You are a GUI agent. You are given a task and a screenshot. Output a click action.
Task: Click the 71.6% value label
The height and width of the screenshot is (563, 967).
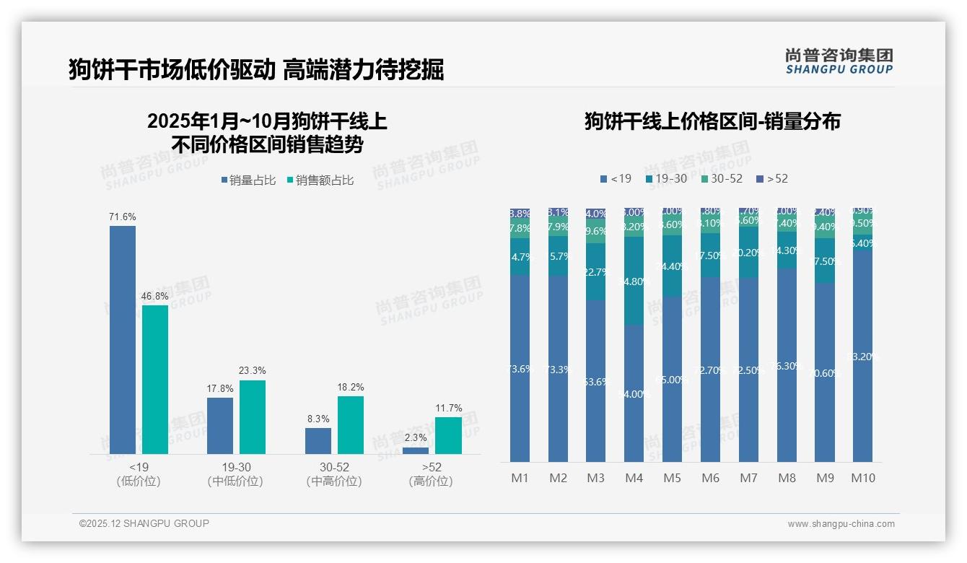(123, 217)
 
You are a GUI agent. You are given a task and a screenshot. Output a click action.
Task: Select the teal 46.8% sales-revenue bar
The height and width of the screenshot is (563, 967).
(155, 379)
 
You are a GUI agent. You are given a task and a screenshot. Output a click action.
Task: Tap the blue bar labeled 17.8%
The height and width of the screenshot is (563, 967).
(220, 425)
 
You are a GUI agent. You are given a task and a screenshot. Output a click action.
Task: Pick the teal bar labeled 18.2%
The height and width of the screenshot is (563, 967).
(351, 424)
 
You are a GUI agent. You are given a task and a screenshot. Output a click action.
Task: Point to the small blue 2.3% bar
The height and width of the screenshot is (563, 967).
(416, 450)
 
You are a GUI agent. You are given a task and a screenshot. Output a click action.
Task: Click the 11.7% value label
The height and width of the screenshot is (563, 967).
(449, 408)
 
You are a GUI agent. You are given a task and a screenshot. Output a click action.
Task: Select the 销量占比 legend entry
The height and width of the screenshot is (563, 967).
(248, 180)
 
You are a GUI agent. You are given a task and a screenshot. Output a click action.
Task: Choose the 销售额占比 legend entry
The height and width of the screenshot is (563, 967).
(320, 180)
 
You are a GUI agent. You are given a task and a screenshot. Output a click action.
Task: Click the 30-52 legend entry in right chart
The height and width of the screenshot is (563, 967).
(721, 178)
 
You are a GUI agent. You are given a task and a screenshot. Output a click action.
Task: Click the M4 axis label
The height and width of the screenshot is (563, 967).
(634, 478)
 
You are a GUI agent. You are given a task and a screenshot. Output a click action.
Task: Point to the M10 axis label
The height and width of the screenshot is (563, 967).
(862, 478)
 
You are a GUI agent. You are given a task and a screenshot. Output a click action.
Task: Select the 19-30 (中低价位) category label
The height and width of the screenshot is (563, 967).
(235, 474)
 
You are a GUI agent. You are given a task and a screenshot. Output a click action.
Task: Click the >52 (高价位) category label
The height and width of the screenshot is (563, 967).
(431, 474)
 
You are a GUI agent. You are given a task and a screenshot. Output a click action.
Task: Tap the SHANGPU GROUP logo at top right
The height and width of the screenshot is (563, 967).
(839, 61)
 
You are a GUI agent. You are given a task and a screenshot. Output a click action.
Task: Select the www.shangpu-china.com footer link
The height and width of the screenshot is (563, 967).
(841, 524)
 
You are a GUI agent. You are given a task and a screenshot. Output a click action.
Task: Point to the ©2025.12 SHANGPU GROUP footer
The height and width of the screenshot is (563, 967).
(144, 523)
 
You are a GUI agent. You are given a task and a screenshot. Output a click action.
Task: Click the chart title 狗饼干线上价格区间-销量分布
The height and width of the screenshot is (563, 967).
(712, 121)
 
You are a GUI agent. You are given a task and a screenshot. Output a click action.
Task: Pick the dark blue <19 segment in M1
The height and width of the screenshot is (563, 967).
(520, 368)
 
